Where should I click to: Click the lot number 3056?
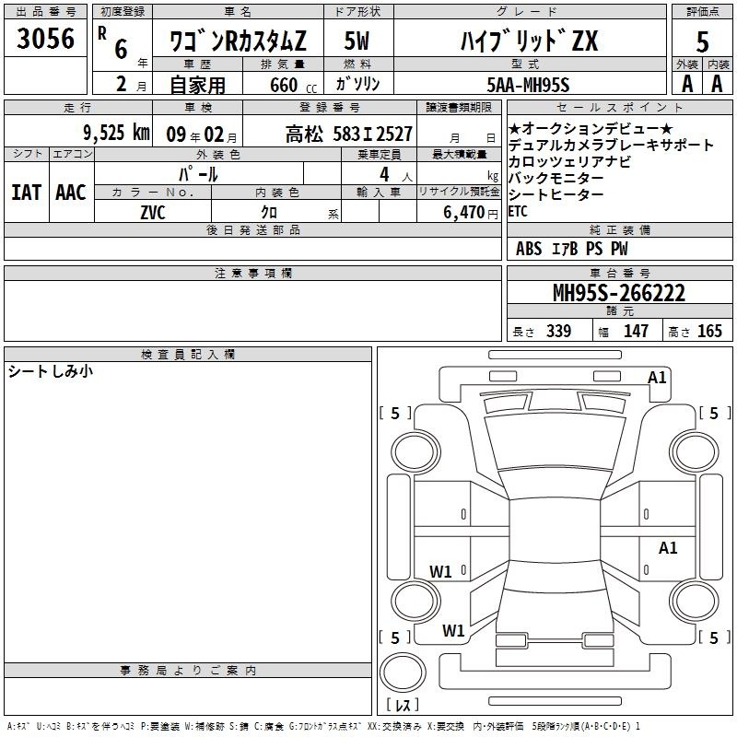[45, 39]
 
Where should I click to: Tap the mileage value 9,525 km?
[117, 133]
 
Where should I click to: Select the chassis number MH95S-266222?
[619, 293]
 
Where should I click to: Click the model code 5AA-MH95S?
[528, 85]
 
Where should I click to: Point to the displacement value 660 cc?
[293, 85]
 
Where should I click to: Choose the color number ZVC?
[153, 213]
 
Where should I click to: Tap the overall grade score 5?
[702, 41]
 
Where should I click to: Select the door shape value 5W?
[357, 41]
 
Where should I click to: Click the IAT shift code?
[27, 193]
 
